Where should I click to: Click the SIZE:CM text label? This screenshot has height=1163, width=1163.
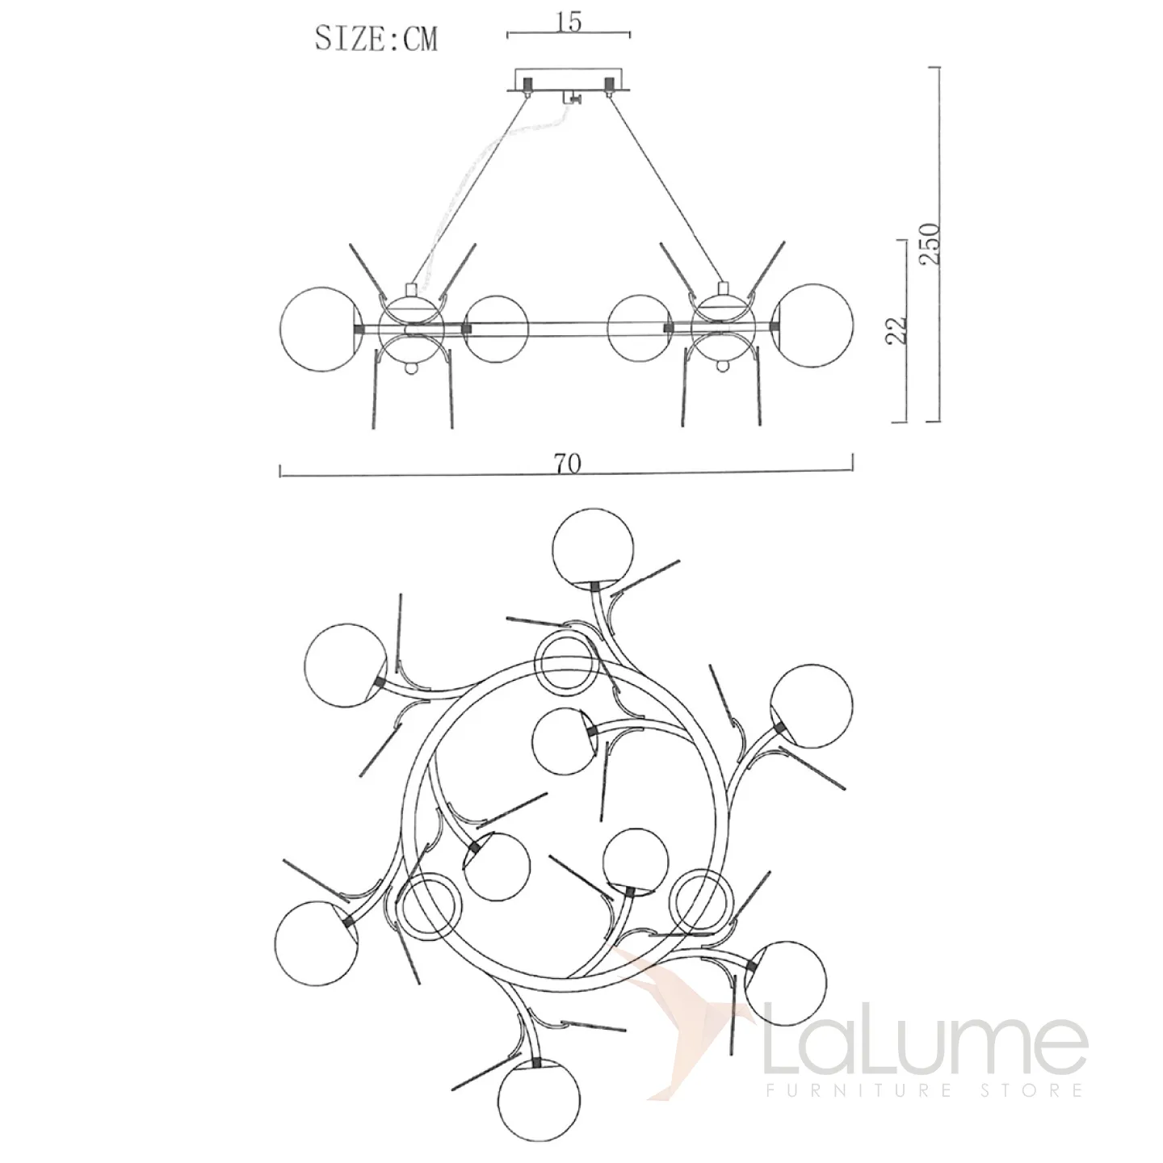coord(376,40)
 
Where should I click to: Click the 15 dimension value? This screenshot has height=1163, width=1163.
coord(569,22)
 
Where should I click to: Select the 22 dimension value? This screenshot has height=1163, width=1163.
coord(896,330)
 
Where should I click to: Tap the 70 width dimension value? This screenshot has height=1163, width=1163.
coord(567,464)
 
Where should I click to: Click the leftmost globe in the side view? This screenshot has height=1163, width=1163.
coord(321,329)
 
